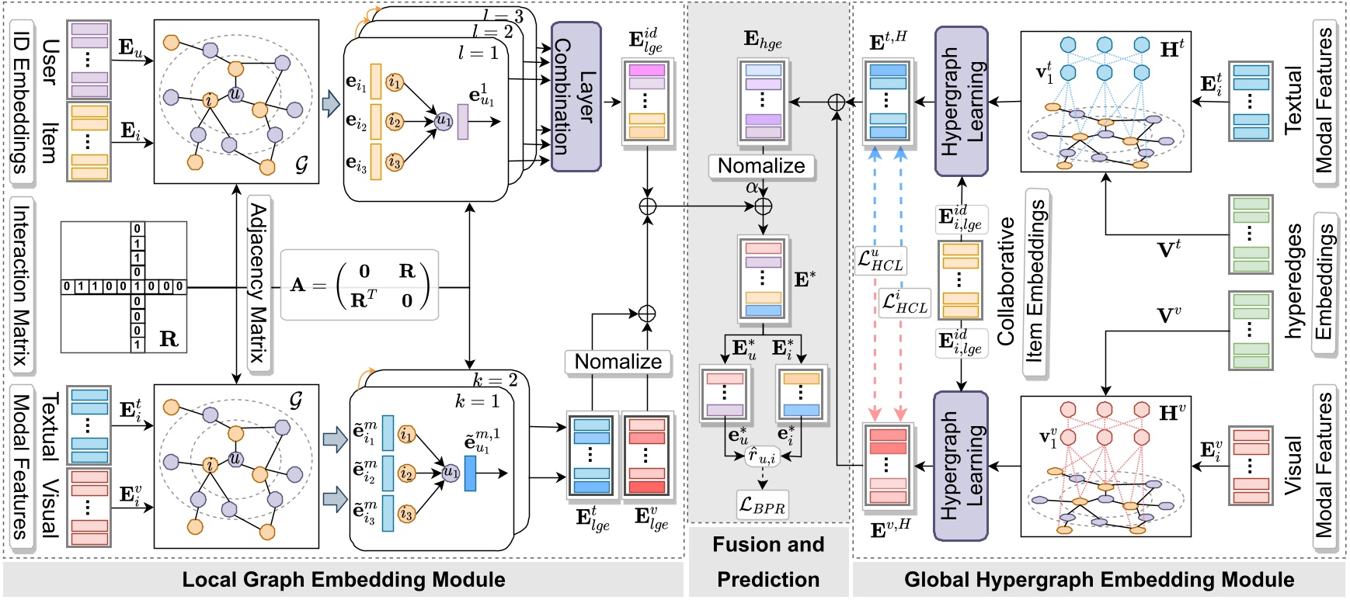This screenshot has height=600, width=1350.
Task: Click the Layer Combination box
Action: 576,96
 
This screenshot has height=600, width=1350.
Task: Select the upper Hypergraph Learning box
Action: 961,101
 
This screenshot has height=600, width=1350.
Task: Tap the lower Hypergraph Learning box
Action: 961,466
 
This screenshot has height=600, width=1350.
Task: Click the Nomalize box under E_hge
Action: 761,166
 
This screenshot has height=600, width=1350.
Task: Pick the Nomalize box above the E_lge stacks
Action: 618,362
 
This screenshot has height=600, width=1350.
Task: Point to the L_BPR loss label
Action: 762,506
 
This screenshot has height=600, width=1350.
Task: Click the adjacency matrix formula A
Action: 360,285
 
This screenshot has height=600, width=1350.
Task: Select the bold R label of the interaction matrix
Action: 169,338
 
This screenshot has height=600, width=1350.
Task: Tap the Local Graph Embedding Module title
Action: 343,580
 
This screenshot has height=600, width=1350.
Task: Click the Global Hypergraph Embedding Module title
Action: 1099,580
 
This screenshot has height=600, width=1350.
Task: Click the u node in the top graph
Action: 235,94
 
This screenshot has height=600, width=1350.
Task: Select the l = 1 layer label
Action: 478,53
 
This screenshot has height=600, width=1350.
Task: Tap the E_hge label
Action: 763,40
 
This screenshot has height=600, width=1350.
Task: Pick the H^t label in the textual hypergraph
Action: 1171,48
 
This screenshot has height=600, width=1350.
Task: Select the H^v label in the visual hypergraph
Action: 1171,413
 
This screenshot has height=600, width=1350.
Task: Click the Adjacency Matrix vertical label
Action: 258,283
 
